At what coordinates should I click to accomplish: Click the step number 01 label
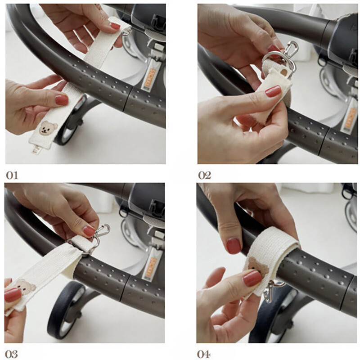click(x=12, y=175)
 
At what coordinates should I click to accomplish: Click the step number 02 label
click(x=205, y=175)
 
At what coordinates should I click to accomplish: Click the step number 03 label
click(x=11, y=354)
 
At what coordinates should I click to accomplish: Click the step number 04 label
click(x=204, y=354)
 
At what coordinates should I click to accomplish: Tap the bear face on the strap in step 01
click(x=48, y=128)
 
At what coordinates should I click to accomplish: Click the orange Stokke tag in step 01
click(x=150, y=77)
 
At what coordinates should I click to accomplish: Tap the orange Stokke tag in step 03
click(x=150, y=267)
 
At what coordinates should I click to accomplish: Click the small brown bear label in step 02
click(x=284, y=73)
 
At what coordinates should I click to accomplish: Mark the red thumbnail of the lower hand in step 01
click(x=62, y=100)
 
